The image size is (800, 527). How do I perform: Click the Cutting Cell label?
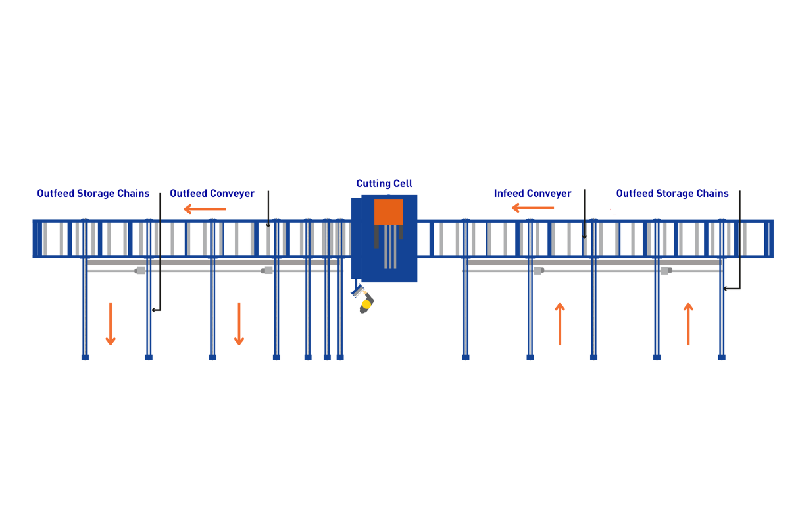pos(384,184)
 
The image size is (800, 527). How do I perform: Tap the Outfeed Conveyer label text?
pos(212,194)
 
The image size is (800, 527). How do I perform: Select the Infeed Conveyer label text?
pos(532,194)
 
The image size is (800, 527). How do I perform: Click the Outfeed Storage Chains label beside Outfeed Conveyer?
pos(93,194)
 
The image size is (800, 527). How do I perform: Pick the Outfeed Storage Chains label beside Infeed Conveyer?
pos(672,194)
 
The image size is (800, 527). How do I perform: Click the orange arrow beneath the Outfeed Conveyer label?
pos(205,209)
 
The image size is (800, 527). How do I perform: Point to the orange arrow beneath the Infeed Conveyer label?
pos(533,208)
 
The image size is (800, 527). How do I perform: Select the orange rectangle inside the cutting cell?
pos(388,211)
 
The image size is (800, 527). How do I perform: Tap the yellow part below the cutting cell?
pos(366,304)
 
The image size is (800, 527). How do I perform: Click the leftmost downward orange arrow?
pos(111,323)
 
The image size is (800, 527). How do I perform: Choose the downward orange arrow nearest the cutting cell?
pos(239,323)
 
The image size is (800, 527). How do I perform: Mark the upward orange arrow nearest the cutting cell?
pos(560,323)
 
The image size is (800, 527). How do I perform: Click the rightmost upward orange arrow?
pos(688,323)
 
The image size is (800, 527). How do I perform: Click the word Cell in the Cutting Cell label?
pos(402,184)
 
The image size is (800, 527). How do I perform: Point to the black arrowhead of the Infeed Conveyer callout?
pos(584,236)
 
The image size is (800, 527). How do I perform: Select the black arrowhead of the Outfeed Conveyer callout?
pos(268,225)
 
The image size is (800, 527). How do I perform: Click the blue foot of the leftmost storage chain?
pos(85,358)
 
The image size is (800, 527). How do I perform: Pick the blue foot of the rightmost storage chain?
pos(722,358)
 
